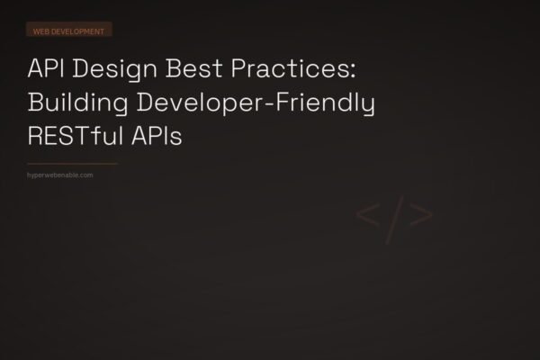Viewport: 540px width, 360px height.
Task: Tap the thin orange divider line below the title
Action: [73, 164]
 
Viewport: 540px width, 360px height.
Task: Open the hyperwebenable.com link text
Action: [61, 175]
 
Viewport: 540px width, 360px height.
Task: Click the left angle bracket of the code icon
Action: [366, 217]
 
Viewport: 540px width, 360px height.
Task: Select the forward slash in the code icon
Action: [394, 217]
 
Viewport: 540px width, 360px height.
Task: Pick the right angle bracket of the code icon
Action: [422, 217]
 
